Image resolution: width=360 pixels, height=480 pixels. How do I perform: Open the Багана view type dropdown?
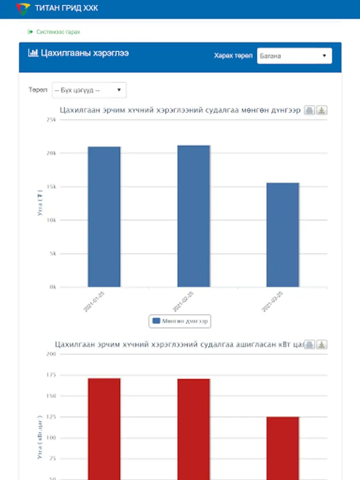click(x=294, y=56)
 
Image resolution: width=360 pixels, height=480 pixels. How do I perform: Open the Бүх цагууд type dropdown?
click(x=89, y=90)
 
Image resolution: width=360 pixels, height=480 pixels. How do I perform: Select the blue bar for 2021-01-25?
click(x=104, y=217)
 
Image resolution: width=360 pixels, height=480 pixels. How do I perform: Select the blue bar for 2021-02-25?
click(x=194, y=216)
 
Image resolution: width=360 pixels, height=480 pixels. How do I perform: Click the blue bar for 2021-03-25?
click(x=283, y=235)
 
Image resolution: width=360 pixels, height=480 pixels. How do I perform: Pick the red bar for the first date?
click(x=104, y=427)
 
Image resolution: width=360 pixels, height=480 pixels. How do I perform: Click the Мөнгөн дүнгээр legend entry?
click(x=181, y=321)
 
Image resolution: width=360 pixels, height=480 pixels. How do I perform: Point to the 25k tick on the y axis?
click(x=52, y=120)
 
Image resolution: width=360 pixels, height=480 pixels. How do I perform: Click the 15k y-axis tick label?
click(x=52, y=187)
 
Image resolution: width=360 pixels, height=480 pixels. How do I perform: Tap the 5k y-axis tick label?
click(x=53, y=254)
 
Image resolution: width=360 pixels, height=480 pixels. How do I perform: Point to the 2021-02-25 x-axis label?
click(x=183, y=301)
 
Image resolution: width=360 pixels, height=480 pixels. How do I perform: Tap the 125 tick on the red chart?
click(x=51, y=417)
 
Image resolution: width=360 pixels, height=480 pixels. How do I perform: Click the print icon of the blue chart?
click(x=309, y=110)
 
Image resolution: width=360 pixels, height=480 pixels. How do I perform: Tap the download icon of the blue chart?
click(x=322, y=110)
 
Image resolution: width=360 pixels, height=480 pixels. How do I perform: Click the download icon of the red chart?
click(x=322, y=345)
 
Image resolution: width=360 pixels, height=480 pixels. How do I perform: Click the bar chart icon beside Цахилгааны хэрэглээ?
click(x=33, y=53)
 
